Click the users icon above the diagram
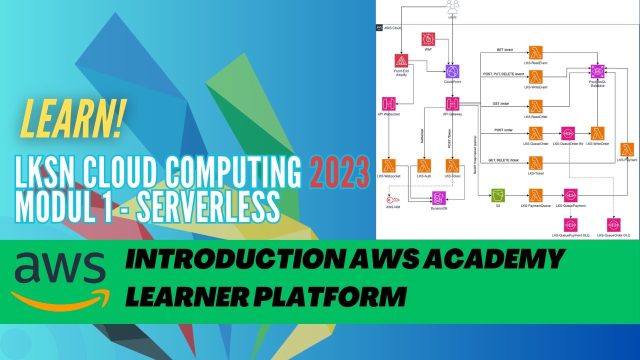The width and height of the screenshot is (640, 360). click(452, 6)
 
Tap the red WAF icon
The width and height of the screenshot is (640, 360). click(428, 39)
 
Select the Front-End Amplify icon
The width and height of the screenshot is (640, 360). click(401, 60)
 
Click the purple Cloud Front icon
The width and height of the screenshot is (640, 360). click(452, 71)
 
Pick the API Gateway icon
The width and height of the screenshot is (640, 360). click(452, 103)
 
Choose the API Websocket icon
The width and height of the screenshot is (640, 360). click(388, 103)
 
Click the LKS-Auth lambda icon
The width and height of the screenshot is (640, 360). click(424, 165)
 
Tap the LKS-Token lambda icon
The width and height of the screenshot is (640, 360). click(452, 165)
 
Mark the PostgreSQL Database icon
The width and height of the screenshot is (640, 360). click(597, 71)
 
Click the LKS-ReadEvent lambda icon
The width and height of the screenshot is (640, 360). click(536, 52)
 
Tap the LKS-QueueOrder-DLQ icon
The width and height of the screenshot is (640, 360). click(613, 224)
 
